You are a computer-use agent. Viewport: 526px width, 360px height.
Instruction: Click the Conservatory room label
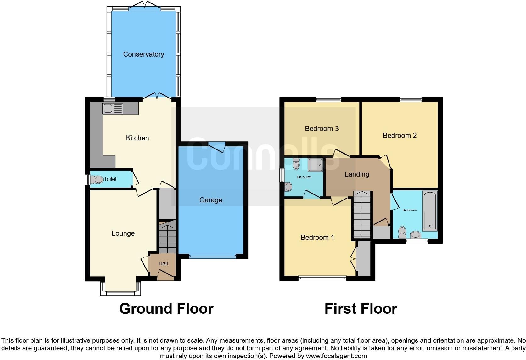click(143, 54)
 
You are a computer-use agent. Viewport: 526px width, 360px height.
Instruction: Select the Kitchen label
click(137, 138)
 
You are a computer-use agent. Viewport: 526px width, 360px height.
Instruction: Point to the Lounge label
click(123, 233)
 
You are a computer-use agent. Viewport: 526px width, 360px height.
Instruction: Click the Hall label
click(163, 263)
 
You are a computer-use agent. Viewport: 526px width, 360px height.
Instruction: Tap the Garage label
click(210, 200)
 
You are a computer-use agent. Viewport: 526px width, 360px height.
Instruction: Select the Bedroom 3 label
click(322, 128)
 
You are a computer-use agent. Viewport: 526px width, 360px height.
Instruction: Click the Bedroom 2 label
click(400, 135)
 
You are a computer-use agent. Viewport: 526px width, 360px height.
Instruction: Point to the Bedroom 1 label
click(317, 237)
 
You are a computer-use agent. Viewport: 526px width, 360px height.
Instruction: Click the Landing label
click(357, 174)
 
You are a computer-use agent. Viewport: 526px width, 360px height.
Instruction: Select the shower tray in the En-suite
click(315, 164)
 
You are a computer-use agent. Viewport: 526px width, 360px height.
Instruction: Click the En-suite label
click(304, 177)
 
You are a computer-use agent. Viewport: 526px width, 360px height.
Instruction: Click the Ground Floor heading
click(166, 309)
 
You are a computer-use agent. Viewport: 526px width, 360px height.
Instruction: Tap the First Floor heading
click(361, 309)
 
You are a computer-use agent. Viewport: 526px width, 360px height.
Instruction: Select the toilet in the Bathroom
click(402, 232)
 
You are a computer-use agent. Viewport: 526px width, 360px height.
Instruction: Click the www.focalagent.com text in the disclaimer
click(336, 356)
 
